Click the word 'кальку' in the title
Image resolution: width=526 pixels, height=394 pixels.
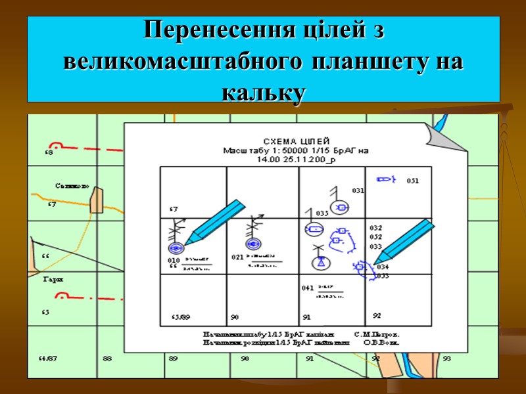[263, 93]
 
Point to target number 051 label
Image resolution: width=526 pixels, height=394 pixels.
[413, 181]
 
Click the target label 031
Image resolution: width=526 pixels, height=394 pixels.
[358, 190]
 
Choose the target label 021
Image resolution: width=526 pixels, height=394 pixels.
[237, 257]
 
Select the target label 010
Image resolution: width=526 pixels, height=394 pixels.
[174, 261]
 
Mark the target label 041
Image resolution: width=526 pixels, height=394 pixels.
[307, 288]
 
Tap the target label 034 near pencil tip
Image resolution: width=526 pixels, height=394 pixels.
[383, 267]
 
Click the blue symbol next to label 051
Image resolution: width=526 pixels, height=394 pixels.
[383, 178]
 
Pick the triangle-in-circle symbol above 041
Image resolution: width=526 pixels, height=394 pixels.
[320, 262]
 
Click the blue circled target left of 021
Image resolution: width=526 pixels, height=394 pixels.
[253, 244]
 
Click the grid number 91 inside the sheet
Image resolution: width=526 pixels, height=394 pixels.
[306, 317]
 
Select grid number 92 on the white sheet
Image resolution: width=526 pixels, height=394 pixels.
[377, 316]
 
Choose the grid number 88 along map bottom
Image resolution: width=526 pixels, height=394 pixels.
[108, 359]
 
